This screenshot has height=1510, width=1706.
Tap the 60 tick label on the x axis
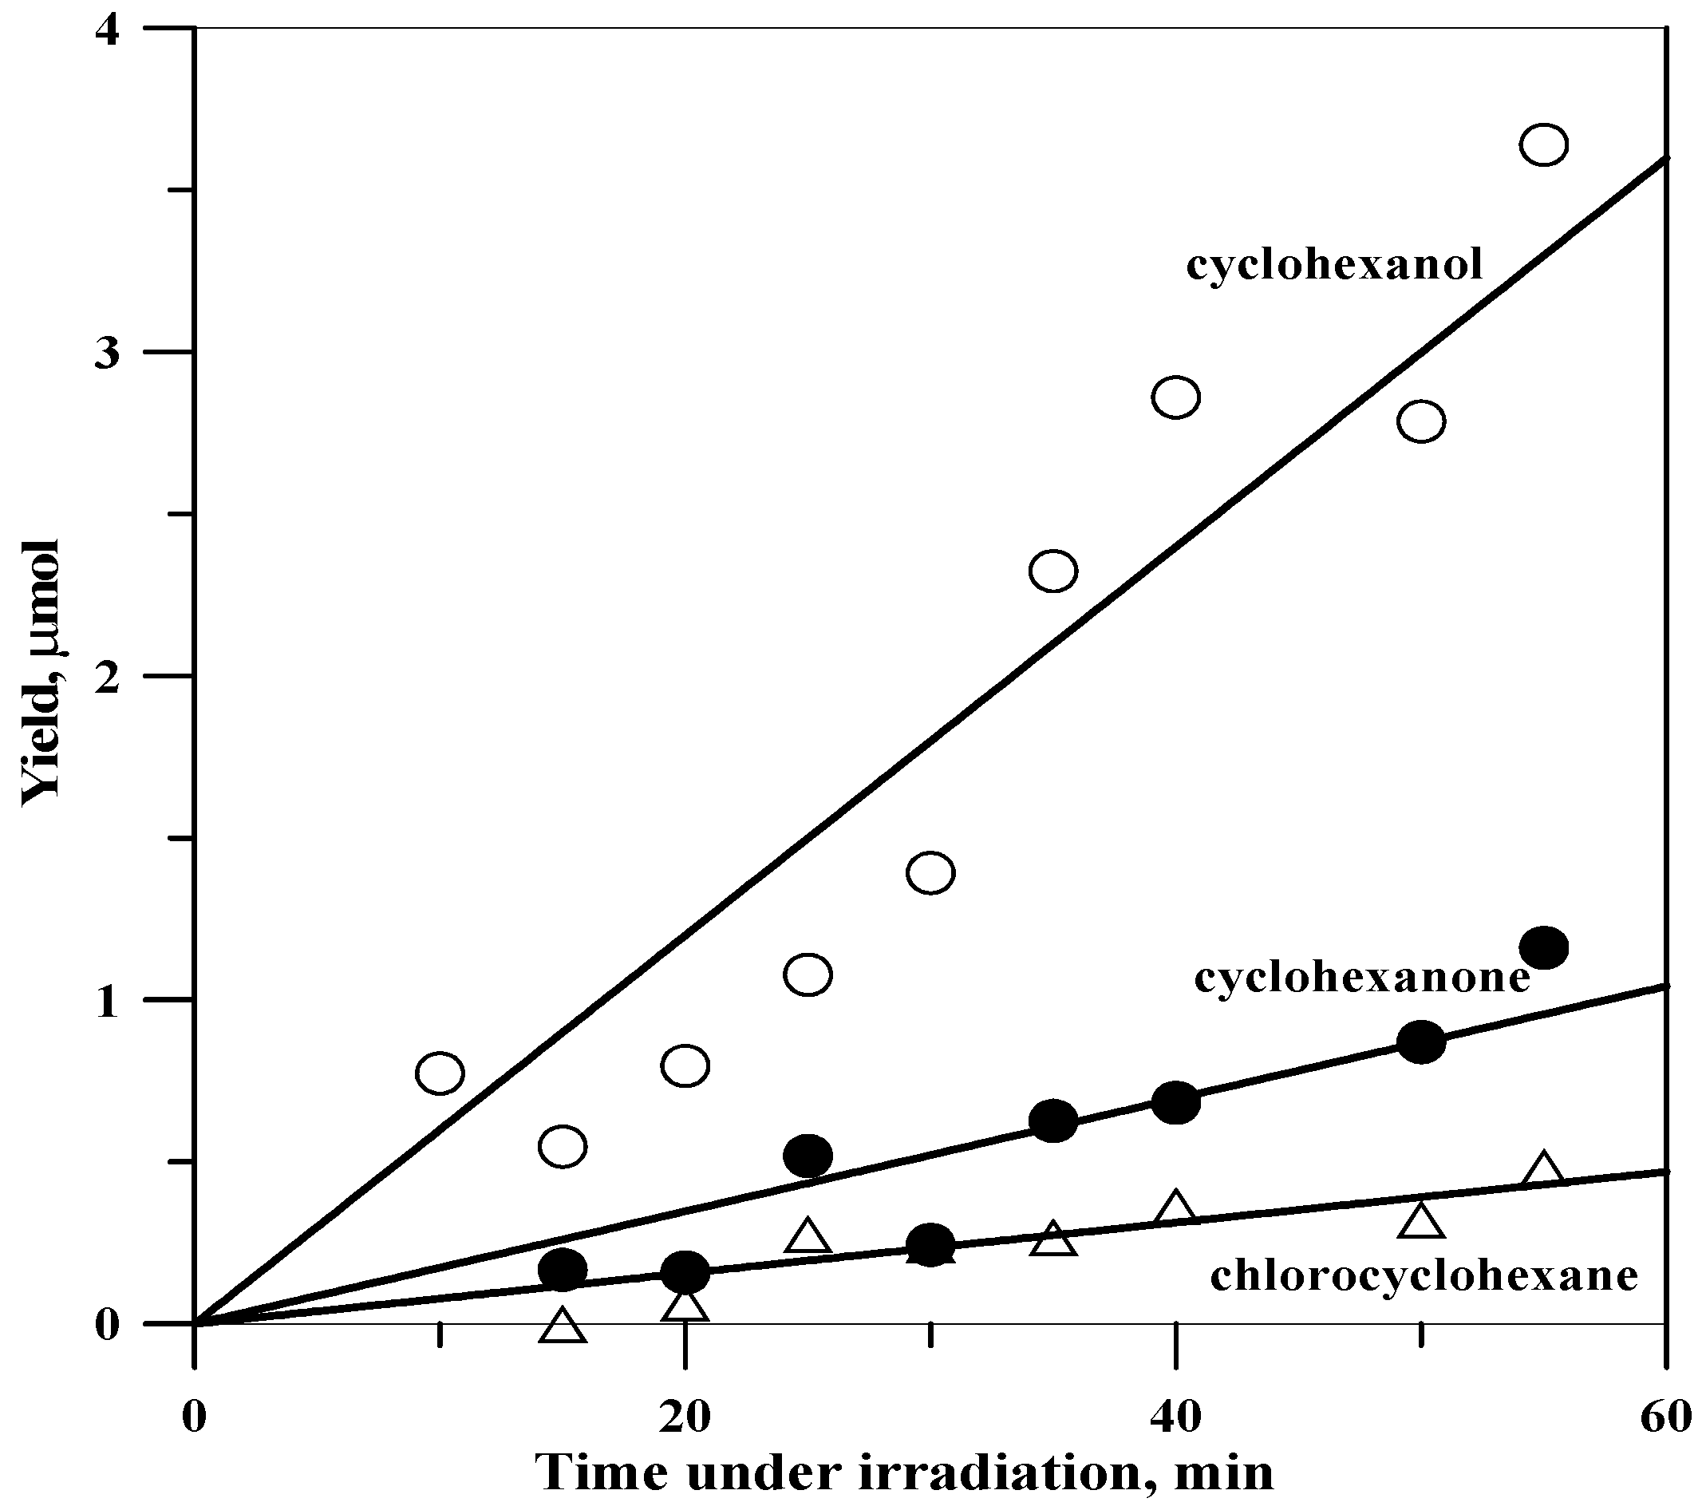pos(1666,1418)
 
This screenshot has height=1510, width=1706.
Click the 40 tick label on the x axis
pos(1175,1418)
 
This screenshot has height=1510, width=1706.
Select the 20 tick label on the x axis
pos(685,1418)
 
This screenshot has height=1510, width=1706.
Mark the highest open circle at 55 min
pos(1543,144)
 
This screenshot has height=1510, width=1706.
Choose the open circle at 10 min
pos(439,1073)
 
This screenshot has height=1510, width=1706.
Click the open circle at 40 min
pos(1175,397)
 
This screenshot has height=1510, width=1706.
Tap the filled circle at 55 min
pos(1543,947)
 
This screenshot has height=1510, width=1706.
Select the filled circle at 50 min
pos(1420,1042)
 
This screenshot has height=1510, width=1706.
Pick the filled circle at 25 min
pos(807,1156)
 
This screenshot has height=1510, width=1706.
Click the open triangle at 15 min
pos(563,1327)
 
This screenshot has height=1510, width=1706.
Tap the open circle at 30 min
pos(930,873)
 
